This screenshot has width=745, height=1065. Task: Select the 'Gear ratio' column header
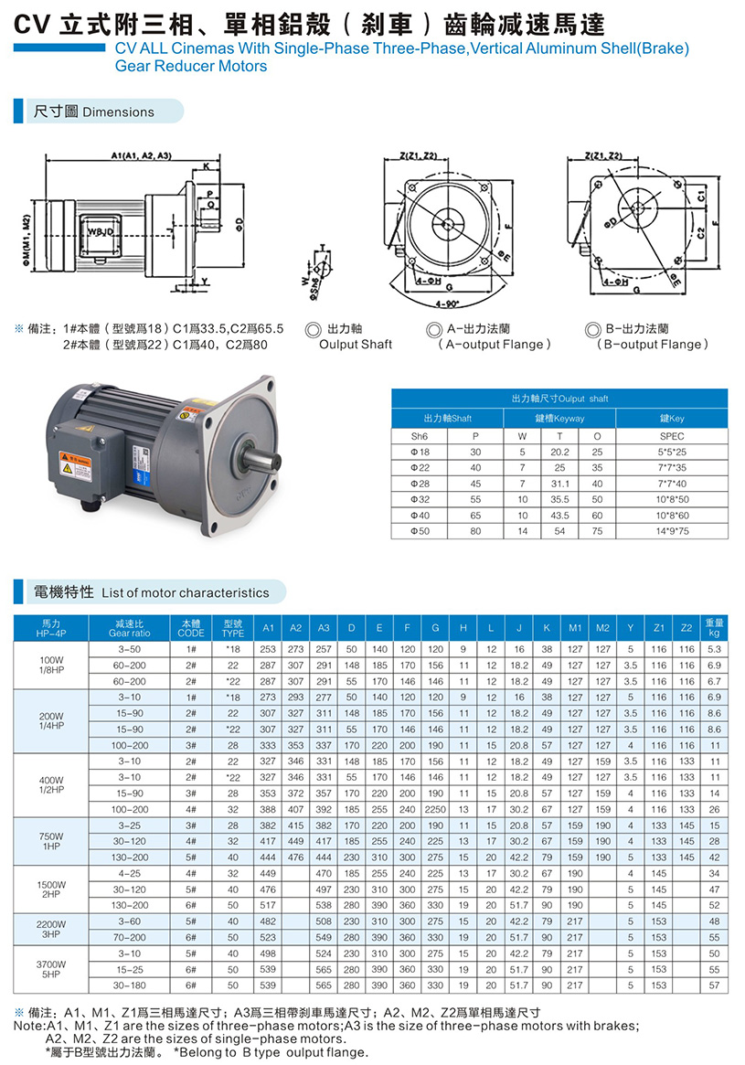[x=129, y=628]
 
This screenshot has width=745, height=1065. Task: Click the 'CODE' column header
[x=191, y=628]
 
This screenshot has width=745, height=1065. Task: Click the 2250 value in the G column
[x=436, y=809]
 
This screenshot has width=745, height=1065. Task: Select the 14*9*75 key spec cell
[x=671, y=530]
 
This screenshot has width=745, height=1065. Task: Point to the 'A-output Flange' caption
[x=495, y=345]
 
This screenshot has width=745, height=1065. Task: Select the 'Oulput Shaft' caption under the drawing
[x=355, y=345]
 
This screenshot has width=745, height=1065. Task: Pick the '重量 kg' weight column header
[x=715, y=628]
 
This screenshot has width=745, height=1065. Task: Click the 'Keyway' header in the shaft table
[x=559, y=418]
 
